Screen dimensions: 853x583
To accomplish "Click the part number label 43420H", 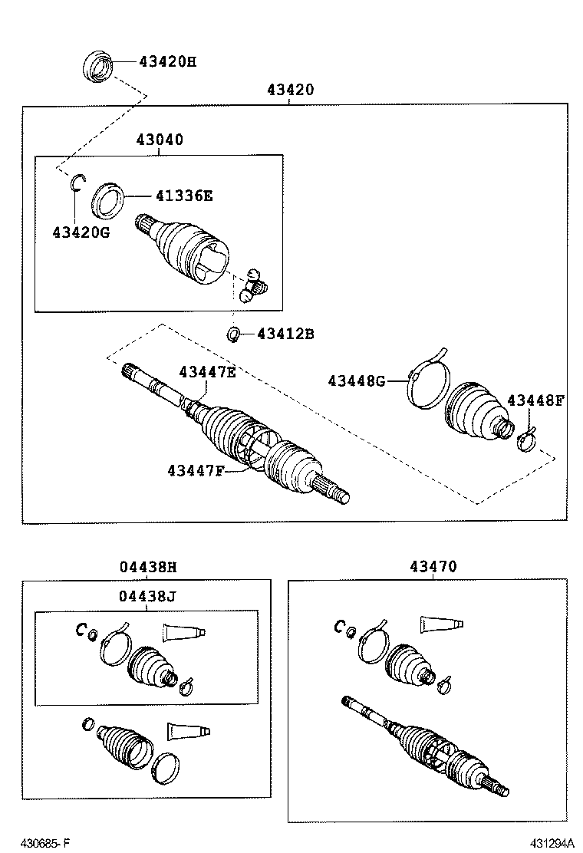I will click(167, 61).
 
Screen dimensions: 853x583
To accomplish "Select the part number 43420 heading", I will click(290, 90).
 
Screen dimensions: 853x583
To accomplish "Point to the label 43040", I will click(160, 140).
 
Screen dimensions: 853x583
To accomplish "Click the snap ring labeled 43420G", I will click(77, 182).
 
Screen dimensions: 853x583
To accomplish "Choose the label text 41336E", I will click(183, 196).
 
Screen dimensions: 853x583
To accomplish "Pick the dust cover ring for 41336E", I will click(107, 199).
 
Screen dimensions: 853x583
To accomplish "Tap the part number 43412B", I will click(285, 334).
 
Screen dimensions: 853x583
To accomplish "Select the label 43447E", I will click(207, 372).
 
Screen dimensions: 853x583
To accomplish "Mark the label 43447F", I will click(196, 470).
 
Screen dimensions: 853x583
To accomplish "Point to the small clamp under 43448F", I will click(526, 440).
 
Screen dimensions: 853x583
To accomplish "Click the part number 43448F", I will click(535, 400).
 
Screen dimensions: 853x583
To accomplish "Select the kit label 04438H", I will click(148, 567).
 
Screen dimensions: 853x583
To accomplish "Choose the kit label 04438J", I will click(148, 596).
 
